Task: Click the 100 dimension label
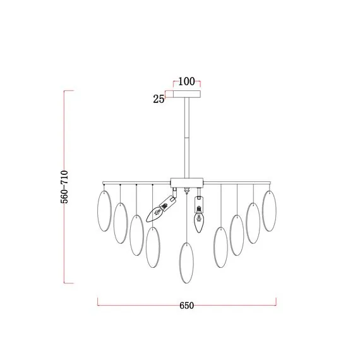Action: pyautogui.click(x=186, y=81)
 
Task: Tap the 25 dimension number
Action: pyautogui.click(x=159, y=99)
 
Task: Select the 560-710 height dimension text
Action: pyautogui.click(x=64, y=187)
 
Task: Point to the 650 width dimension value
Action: pyautogui.click(x=187, y=306)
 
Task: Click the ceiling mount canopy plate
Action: pyautogui.click(x=187, y=94)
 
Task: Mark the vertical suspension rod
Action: pyautogui.click(x=187, y=138)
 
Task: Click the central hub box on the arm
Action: pyautogui.click(x=187, y=183)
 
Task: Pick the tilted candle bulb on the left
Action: pyautogui.click(x=160, y=209)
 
